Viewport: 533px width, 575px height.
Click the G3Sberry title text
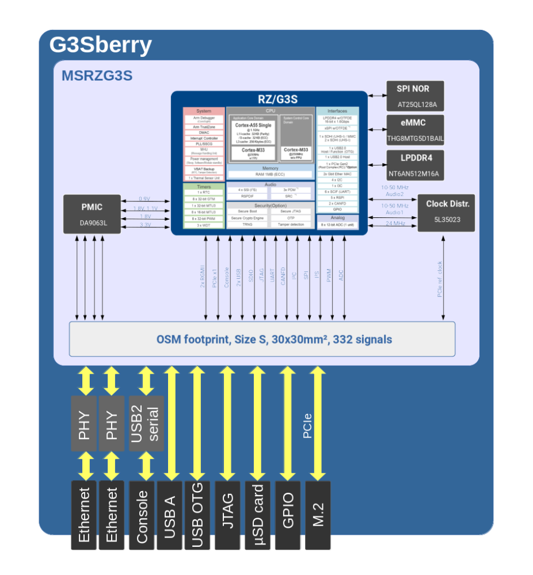[x=101, y=44]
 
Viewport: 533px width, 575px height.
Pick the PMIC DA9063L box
[x=92, y=214]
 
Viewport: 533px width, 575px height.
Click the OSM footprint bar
[x=262, y=339]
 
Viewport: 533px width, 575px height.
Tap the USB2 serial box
[x=147, y=423]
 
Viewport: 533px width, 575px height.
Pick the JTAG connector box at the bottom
[x=228, y=513]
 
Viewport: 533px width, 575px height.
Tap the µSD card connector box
[x=258, y=513]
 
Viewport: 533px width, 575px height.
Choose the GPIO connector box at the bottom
[x=288, y=513]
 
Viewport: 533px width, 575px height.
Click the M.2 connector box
[x=318, y=513]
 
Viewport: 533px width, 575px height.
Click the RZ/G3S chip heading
[x=269, y=99]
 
